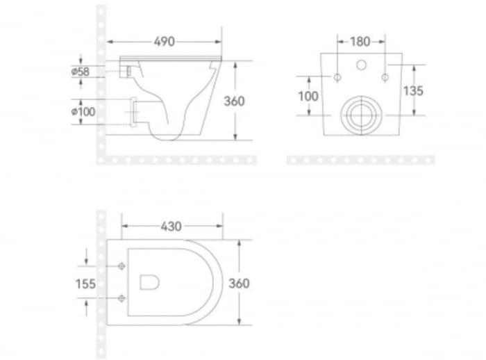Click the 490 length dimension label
(x=164, y=41)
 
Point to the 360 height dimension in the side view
(x=234, y=101)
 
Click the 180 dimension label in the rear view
(x=360, y=41)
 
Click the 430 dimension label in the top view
(x=171, y=226)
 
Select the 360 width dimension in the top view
(x=239, y=283)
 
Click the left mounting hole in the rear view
(x=337, y=76)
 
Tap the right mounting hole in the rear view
(x=384, y=76)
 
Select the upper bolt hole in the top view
(x=123, y=266)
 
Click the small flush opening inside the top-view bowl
(x=149, y=281)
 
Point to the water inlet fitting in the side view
(x=126, y=70)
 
